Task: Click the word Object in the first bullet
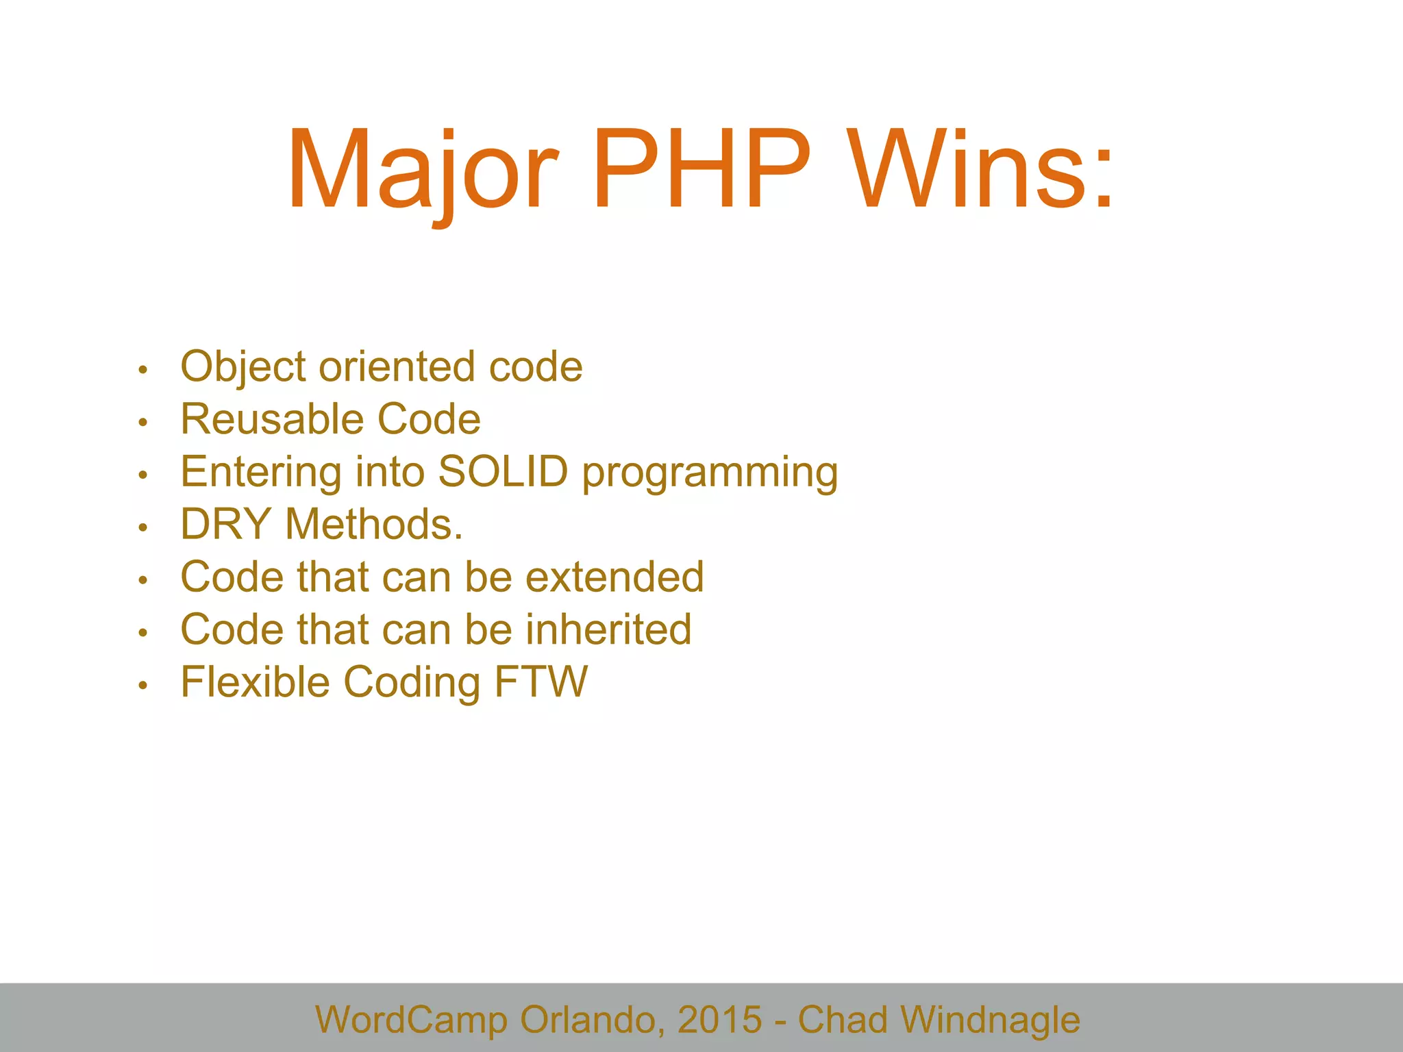(x=243, y=366)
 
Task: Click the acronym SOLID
(x=503, y=472)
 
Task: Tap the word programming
(x=710, y=473)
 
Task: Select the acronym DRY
(x=225, y=525)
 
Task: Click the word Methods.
(x=373, y=525)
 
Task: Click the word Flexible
(x=255, y=682)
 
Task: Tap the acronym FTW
(x=541, y=682)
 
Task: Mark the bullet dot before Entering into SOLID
(x=142, y=475)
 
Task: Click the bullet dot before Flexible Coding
(x=142, y=685)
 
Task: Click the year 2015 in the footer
(x=719, y=1019)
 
